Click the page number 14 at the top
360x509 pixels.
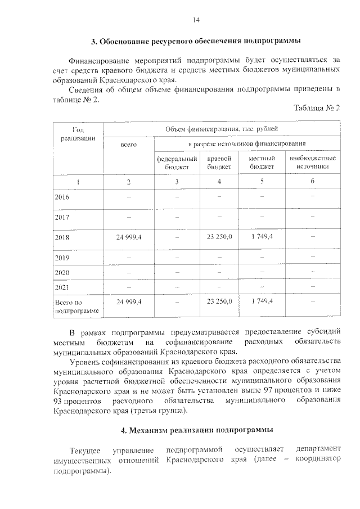coord(196,20)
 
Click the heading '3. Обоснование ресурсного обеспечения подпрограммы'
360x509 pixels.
coord(196,41)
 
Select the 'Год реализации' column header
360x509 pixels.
coord(78,134)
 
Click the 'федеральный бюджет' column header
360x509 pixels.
coord(177,163)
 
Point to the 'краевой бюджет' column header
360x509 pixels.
coord(219,163)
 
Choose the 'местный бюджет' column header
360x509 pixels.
coord(262,163)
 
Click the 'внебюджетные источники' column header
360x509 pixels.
coord(312,163)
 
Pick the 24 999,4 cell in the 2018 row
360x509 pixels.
coord(129,237)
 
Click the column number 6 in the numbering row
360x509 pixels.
coord(312,181)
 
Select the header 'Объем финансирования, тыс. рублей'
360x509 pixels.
coord(221,129)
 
